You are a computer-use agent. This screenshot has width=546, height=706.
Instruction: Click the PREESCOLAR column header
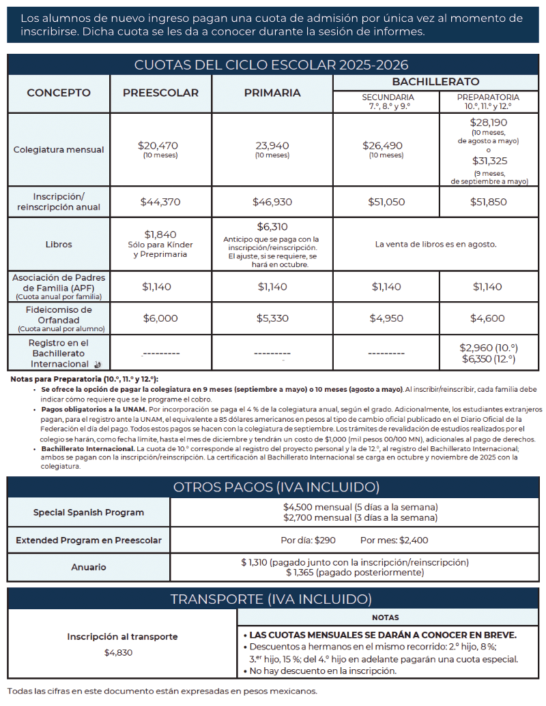pos(160,93)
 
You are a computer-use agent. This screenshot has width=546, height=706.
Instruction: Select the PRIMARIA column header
pos(272,93)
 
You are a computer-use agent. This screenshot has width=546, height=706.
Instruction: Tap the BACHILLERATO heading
pos(435,82)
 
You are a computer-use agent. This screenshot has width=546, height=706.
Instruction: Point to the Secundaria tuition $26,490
pos(386,145)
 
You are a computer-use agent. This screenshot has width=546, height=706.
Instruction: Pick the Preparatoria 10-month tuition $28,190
pos(488,123)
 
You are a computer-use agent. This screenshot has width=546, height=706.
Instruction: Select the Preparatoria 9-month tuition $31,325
pos(489,161)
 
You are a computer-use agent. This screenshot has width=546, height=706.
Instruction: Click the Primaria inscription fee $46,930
pos(272,202)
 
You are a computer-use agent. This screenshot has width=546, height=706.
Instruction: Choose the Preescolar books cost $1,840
pos(160,234)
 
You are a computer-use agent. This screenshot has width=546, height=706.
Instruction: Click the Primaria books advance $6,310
pos(272,227)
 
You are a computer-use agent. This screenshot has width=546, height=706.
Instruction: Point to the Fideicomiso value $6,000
pos(160,318)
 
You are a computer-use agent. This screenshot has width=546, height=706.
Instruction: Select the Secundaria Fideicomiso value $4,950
pos(386,318)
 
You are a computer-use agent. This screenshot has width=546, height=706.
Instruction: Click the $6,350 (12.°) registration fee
pos(489,358)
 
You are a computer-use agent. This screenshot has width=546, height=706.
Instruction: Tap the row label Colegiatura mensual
pos(59,149)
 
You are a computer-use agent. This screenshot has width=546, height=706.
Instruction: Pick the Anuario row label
pos(89,567)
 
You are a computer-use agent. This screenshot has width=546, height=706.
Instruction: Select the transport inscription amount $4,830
pos(119,652)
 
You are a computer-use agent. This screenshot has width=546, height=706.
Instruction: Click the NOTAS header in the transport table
pos(386,617)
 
